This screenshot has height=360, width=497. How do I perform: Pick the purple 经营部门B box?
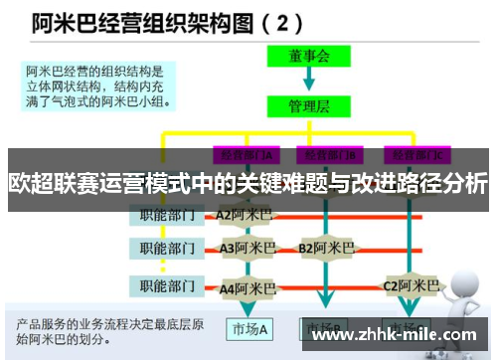tap(331, 155)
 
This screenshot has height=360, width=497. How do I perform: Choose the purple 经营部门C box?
tap(418, 155)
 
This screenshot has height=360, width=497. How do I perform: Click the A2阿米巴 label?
tap(245, 213)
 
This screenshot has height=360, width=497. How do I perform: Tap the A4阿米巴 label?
tap(248, 287)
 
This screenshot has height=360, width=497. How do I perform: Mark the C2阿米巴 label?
tap(412, 286)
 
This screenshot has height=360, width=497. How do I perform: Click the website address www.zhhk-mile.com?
tap(395, 335)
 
